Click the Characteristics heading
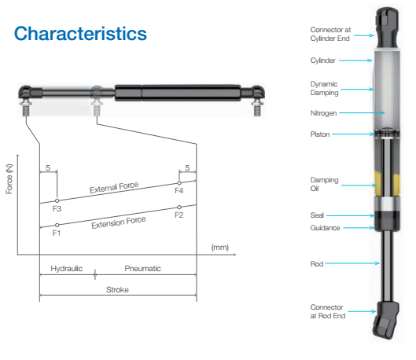coord(80,33)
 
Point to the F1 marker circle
coord(57,225)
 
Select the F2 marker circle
coord(179,207)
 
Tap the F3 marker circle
coord(57,200)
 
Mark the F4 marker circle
coord(179,183)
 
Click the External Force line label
coord(114,187)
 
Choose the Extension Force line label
coord(119,222)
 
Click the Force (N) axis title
coord(9,179)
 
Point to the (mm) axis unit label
coord(219,248)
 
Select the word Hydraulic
coord(67,268)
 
